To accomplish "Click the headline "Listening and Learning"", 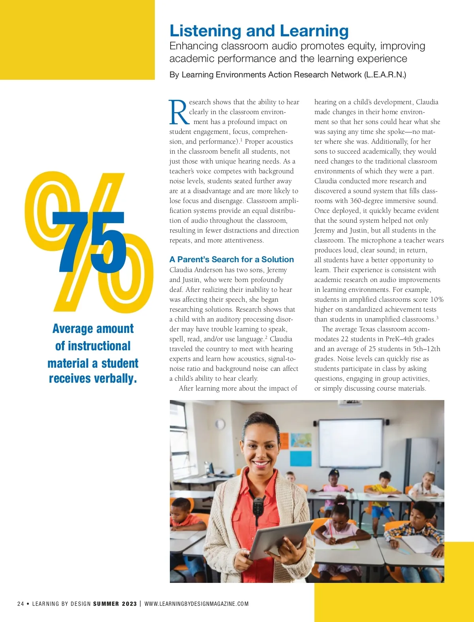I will click(x=259, y=31).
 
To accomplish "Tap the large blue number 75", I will click(x=92, y=242).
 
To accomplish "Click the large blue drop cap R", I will click(x=179, y=113).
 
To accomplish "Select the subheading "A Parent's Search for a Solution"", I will click(x=231, y=259).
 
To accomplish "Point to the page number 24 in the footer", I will click(x=21, y=603).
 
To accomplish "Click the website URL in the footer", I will click(x=196, y=603).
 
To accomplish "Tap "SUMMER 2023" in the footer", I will click(x=115, y=603).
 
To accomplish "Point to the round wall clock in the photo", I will click(x=220, y=424).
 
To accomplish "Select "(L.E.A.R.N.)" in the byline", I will click(x=385, y=75).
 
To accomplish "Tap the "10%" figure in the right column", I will click(x=436, y=299).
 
